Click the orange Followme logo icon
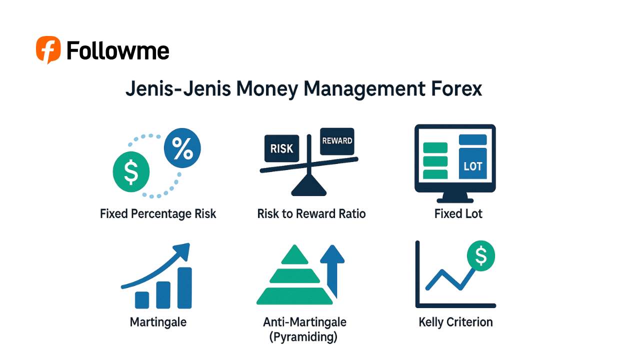coord(48,49)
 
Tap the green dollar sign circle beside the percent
coord(131,171)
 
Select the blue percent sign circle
coord(182,147)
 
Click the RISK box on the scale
coord(281,148)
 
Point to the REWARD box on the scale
coord(337,140)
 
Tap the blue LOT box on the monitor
coord(472,165)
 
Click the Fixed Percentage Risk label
coord(158,214)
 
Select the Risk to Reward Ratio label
coord(311,214)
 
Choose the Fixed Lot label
coord(458,214)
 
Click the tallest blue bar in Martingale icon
coord(184,288)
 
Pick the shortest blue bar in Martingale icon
coord(142,299)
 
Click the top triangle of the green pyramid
coord(294,255)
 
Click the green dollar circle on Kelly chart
coord(480,256)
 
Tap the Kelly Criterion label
coord(455,322)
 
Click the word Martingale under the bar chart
coord(158,322)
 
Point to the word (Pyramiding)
coord(303,337)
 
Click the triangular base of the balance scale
coord(308,187)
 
